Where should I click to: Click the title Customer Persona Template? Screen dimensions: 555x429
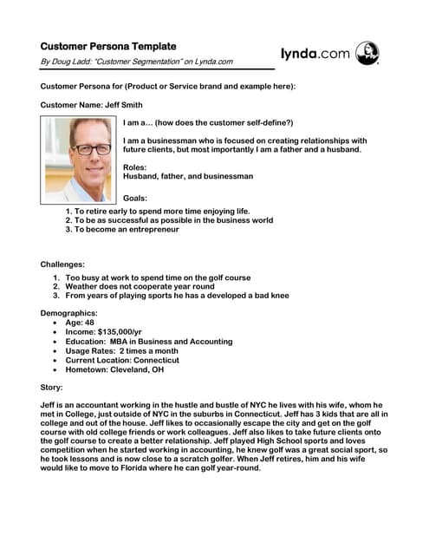pos(107,46)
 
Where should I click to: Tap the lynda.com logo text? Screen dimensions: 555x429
pos(315,54)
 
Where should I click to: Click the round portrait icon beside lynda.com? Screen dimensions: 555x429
pos(367,53)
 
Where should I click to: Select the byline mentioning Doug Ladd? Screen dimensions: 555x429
pos(137,62)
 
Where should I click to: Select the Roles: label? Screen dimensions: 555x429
pos(135,166)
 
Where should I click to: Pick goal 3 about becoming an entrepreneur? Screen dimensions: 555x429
pos(127,230)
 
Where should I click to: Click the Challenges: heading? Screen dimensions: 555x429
pos(62,264)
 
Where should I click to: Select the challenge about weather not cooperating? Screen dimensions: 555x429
pos(143,286)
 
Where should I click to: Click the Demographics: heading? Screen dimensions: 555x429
pos(68,312)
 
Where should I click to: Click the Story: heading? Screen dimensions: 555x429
pos(52,387)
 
